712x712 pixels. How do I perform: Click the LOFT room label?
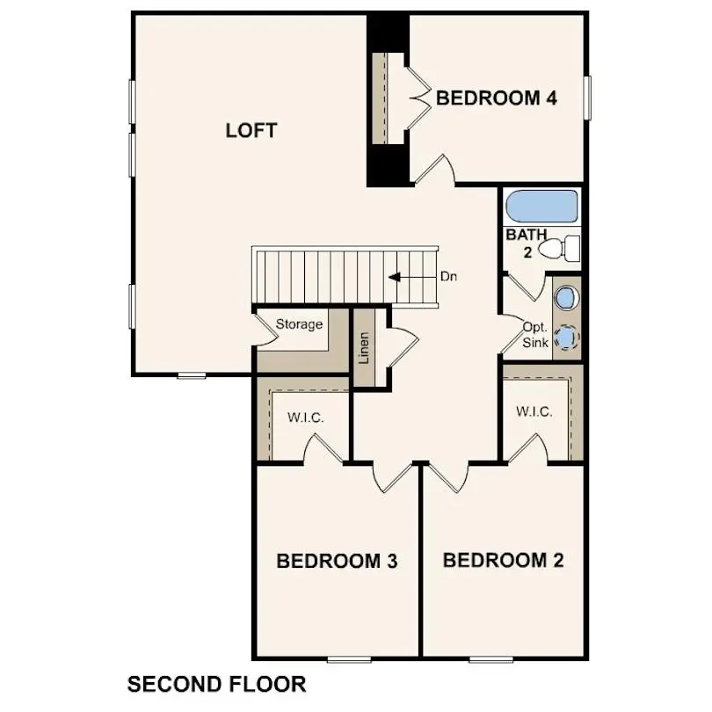(251, 131)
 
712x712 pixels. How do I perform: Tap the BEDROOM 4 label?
(497, 98)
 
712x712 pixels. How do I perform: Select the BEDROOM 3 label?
(337, 561)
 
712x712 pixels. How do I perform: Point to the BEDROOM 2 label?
(503, 560)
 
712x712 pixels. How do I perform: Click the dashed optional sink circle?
(567, 338)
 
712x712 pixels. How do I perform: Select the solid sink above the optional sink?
(566, 297)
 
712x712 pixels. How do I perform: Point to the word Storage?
(300, 324)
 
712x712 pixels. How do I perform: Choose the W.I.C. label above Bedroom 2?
(534, 411)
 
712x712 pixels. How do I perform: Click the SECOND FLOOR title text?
(217, 684)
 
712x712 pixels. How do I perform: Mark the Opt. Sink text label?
(535, 334)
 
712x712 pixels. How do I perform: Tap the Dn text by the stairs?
(449, 277)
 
